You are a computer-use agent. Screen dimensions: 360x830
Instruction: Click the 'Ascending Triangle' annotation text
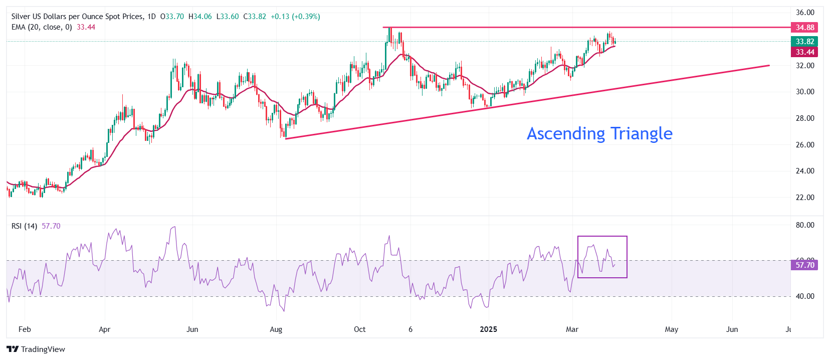coord(599,133)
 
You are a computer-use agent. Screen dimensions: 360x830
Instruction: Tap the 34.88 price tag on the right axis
coord(804,28)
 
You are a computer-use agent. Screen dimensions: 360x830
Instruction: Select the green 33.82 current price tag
coord(804,42)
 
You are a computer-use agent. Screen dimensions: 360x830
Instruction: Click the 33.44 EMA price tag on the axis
coord(804,52)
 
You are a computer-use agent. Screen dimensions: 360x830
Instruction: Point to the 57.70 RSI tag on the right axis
coord(804,265)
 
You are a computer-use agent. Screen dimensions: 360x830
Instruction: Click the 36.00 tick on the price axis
coord(805,13)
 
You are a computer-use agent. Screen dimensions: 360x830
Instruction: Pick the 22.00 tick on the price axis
coord(805,198)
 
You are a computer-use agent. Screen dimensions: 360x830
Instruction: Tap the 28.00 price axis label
coord(805,118)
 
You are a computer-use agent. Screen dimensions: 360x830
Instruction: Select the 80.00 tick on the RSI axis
coord(805,225)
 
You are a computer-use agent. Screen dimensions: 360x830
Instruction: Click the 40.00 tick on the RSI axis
coord(805,296)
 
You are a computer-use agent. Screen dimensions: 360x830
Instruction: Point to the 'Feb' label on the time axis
coord(25,329)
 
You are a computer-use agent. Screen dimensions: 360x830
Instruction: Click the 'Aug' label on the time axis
coord(276,329)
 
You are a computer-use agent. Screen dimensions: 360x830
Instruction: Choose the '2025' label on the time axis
coord(489,329)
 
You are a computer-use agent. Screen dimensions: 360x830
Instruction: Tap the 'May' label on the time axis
coord(672,329)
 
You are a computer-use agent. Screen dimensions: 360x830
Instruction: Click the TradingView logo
coord(36,349)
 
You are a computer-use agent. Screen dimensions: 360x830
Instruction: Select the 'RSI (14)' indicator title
coord(24,226)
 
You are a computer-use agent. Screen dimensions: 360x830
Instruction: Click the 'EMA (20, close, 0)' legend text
coord(42,27)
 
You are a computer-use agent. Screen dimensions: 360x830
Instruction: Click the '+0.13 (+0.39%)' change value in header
coord(295,17)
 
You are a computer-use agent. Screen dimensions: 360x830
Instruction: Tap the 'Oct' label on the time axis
coord(360,329)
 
